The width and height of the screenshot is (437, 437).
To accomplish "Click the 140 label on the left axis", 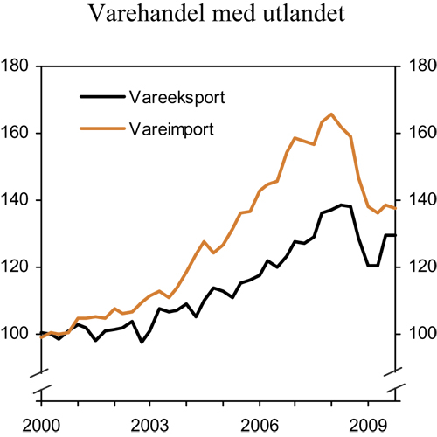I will click(18, 200).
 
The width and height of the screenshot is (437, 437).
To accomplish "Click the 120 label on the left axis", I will click(18, 267).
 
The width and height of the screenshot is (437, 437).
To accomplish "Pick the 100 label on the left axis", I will click(18, 334).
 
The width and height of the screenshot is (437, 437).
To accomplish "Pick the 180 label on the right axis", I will click(417, 66).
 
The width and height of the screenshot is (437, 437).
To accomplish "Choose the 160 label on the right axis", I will click(417, 134).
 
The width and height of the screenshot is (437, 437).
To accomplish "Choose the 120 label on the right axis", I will click(417, 267).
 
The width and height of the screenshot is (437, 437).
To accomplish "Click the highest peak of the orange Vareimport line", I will click(331, 114).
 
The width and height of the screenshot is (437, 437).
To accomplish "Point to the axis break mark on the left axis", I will click(41, 374).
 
